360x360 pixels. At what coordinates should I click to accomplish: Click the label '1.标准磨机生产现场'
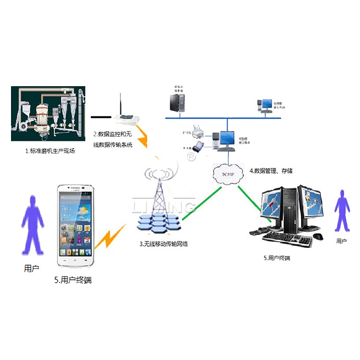tap(51, 151)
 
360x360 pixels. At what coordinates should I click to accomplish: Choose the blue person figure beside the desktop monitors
tap(342, 211)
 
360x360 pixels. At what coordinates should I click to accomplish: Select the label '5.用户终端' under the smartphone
tap(73, 280)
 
